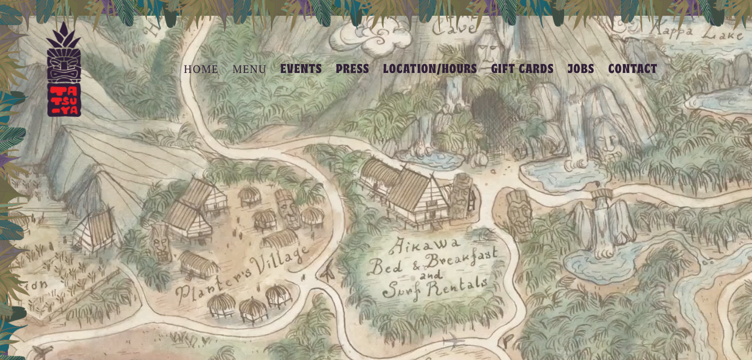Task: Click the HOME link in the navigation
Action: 200,69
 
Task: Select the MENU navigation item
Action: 249,69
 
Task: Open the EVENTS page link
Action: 301,69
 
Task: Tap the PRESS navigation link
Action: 352,69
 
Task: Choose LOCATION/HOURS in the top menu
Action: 430,69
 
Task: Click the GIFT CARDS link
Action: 522,69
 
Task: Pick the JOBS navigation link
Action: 580,69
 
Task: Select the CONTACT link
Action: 632,69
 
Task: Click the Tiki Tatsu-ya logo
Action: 64,71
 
